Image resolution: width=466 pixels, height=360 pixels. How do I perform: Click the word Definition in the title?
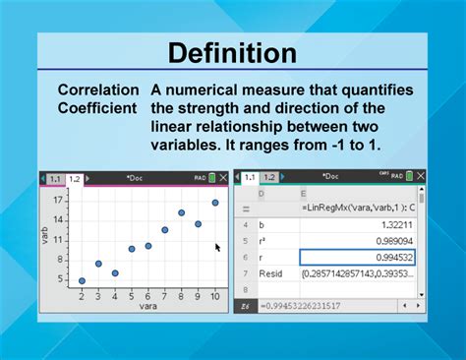tap(232, 52)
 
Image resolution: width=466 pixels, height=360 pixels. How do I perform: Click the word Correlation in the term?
tap(101, 90)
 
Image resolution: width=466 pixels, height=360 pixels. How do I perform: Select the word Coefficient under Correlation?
tap(101, 106)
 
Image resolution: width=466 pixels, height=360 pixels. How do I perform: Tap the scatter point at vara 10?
tap(214, 203)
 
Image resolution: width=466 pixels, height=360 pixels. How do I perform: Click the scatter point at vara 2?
tap(82, 280)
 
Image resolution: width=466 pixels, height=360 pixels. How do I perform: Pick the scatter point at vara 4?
tap(115, 272)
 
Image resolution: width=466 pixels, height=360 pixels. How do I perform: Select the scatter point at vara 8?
tap(181, 212)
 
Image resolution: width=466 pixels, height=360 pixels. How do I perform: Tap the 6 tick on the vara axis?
tap(148, 295)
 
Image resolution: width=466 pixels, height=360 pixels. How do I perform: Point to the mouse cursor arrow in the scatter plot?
tap(218, 248)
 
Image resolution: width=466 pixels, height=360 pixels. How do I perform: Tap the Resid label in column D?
tap(271, 272)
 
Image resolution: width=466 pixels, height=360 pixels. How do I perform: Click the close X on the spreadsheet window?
tap(420, 177)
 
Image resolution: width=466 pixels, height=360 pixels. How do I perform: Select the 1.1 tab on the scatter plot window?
tap(54, 179)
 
